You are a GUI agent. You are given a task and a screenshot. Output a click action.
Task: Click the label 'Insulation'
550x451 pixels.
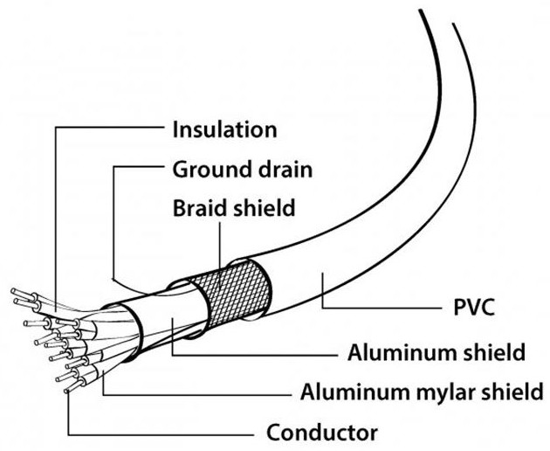(x=224, y=129)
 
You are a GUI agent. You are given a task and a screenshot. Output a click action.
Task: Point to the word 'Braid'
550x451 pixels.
(x=199, y=208)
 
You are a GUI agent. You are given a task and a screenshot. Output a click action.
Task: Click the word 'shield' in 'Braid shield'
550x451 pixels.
(x=264, y=208)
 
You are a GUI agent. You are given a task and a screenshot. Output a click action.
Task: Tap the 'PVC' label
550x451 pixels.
(x=474, y=307)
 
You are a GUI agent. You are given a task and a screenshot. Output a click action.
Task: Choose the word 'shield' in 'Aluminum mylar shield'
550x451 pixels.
(x=512, y=392)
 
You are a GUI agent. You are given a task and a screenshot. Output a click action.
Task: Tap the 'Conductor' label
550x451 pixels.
(x=322, y=432)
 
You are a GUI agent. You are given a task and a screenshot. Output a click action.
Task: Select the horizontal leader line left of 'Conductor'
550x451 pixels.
(x=162, y=435)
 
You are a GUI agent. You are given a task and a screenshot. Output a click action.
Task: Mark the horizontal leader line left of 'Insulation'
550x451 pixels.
(x=110, y=127)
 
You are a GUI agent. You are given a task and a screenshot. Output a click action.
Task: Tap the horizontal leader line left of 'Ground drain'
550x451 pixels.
(x=140, y=166)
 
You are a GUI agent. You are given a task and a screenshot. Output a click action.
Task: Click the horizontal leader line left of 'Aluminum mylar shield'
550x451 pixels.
(x=197, y=395)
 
